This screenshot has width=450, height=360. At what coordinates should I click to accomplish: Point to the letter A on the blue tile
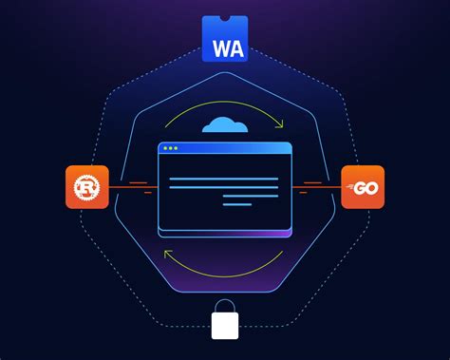click(x=235, y=47)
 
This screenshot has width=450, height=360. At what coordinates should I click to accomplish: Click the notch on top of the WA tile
click(x=225, y=18)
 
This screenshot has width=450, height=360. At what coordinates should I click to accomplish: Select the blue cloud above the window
click(x=225, y=124)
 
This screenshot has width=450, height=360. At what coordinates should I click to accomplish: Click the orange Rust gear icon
click(x=87, y=186)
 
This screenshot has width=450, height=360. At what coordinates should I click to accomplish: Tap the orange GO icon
click(x=363, y=186)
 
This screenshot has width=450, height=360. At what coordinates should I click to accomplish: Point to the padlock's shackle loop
click(x=225, y=305)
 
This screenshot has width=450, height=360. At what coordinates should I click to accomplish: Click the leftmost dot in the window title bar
click(x=164, y=149)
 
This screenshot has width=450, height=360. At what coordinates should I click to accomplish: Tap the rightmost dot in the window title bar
click(x=176, y=149)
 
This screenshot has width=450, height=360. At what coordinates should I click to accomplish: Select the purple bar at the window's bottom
click(x=225, y=232)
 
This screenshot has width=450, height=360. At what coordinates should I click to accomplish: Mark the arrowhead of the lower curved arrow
click(x=168, y=254)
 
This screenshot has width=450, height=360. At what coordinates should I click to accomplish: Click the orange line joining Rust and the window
click(x=133, y=187)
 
